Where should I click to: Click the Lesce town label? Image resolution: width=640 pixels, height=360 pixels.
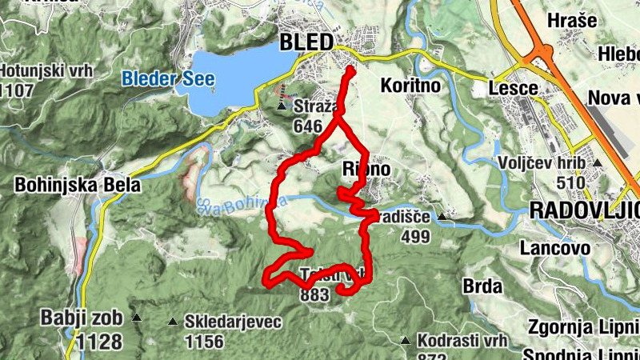point(512,84)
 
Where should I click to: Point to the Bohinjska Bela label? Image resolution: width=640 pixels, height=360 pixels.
point(78,186)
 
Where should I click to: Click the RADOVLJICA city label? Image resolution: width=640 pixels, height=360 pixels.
point(585,210)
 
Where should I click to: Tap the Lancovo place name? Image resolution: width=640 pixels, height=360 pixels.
point(554,248)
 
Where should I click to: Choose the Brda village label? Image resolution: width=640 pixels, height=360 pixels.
point(482,286)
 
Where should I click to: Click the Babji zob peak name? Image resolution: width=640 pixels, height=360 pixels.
point(82,318)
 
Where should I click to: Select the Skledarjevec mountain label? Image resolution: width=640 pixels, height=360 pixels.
point(233,322)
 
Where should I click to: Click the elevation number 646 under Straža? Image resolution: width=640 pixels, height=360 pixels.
point(307,126)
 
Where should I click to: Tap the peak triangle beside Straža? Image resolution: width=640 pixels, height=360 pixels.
point(282,106)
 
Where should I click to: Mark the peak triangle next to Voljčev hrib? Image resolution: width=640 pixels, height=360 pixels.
point(598,162)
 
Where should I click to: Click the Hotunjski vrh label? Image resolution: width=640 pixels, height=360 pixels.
point(46,70)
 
